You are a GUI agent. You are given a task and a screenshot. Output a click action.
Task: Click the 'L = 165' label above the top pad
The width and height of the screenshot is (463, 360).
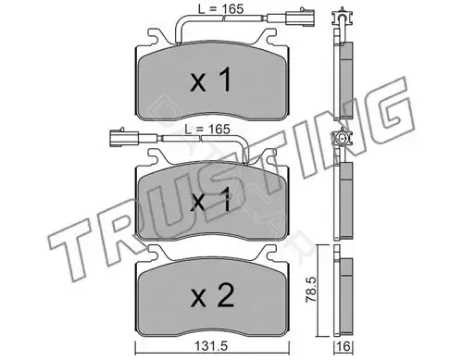[x=220, y=8]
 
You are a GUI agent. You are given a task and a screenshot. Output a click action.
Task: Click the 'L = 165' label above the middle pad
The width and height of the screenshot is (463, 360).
[x=207, y=129]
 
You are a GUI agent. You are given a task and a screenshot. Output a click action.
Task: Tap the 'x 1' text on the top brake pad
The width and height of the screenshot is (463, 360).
[x=211, y=81]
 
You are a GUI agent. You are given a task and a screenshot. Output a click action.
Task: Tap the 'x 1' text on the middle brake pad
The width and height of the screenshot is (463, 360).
[x=211, y=200]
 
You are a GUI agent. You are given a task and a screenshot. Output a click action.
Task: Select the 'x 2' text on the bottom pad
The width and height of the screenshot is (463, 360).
[x=212, y=295]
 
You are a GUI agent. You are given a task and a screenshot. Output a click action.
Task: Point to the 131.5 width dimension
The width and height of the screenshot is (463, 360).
[x=211, y=346]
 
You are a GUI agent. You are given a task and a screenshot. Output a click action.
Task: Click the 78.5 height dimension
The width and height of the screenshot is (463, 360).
[x=311, y=289]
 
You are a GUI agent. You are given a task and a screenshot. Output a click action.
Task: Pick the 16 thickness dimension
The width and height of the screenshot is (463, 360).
[x=344, y=346]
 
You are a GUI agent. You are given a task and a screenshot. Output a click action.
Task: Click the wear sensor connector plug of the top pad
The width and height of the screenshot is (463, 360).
[x=300, y=18]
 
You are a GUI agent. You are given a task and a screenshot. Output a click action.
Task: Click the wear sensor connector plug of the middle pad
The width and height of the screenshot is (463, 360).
[x=124, y=136]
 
